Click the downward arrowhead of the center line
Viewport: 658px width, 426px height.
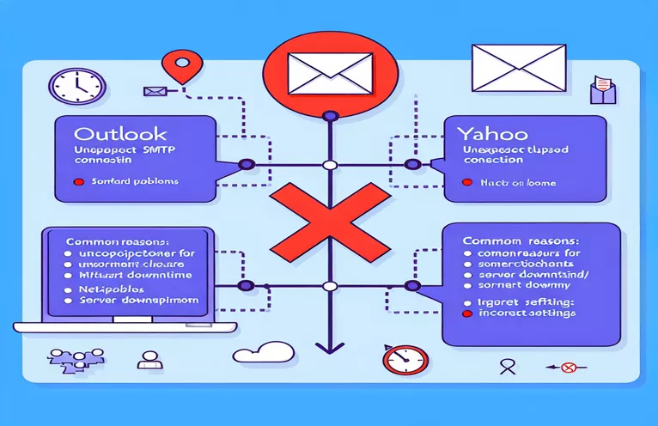pos(326,348)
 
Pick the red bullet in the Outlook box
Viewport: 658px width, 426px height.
pos(79,182)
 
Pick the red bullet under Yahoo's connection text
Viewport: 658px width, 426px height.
pos(466,182)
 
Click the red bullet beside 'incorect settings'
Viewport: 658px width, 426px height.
pos(467,314)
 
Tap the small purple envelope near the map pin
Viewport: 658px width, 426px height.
pos(155,90)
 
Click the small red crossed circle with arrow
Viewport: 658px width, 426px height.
pos(564,368)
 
